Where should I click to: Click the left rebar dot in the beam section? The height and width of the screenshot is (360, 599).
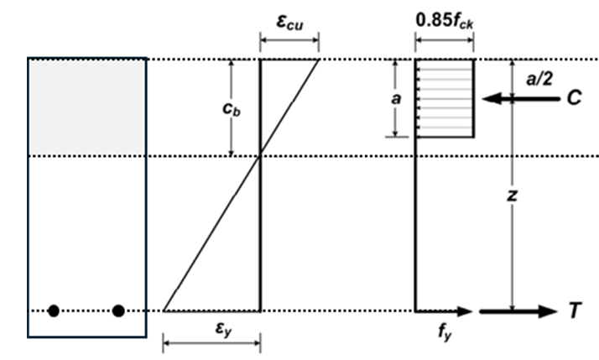coord(54,311)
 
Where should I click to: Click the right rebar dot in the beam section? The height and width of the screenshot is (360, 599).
coord(118,311)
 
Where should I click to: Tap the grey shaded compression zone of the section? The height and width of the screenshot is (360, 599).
coord(87,107)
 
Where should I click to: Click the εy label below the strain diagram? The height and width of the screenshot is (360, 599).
coord(211,325)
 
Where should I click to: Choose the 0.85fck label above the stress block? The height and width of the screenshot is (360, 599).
coord(445,18)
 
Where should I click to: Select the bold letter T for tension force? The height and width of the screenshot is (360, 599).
coord(574,311)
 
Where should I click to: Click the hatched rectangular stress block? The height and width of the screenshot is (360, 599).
coord(445,97)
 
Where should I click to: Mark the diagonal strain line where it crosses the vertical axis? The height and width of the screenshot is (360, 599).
coord(261,155)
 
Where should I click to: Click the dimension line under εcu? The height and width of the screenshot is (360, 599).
coord(289,38)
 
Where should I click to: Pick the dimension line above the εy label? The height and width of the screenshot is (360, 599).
coord(211,342)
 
